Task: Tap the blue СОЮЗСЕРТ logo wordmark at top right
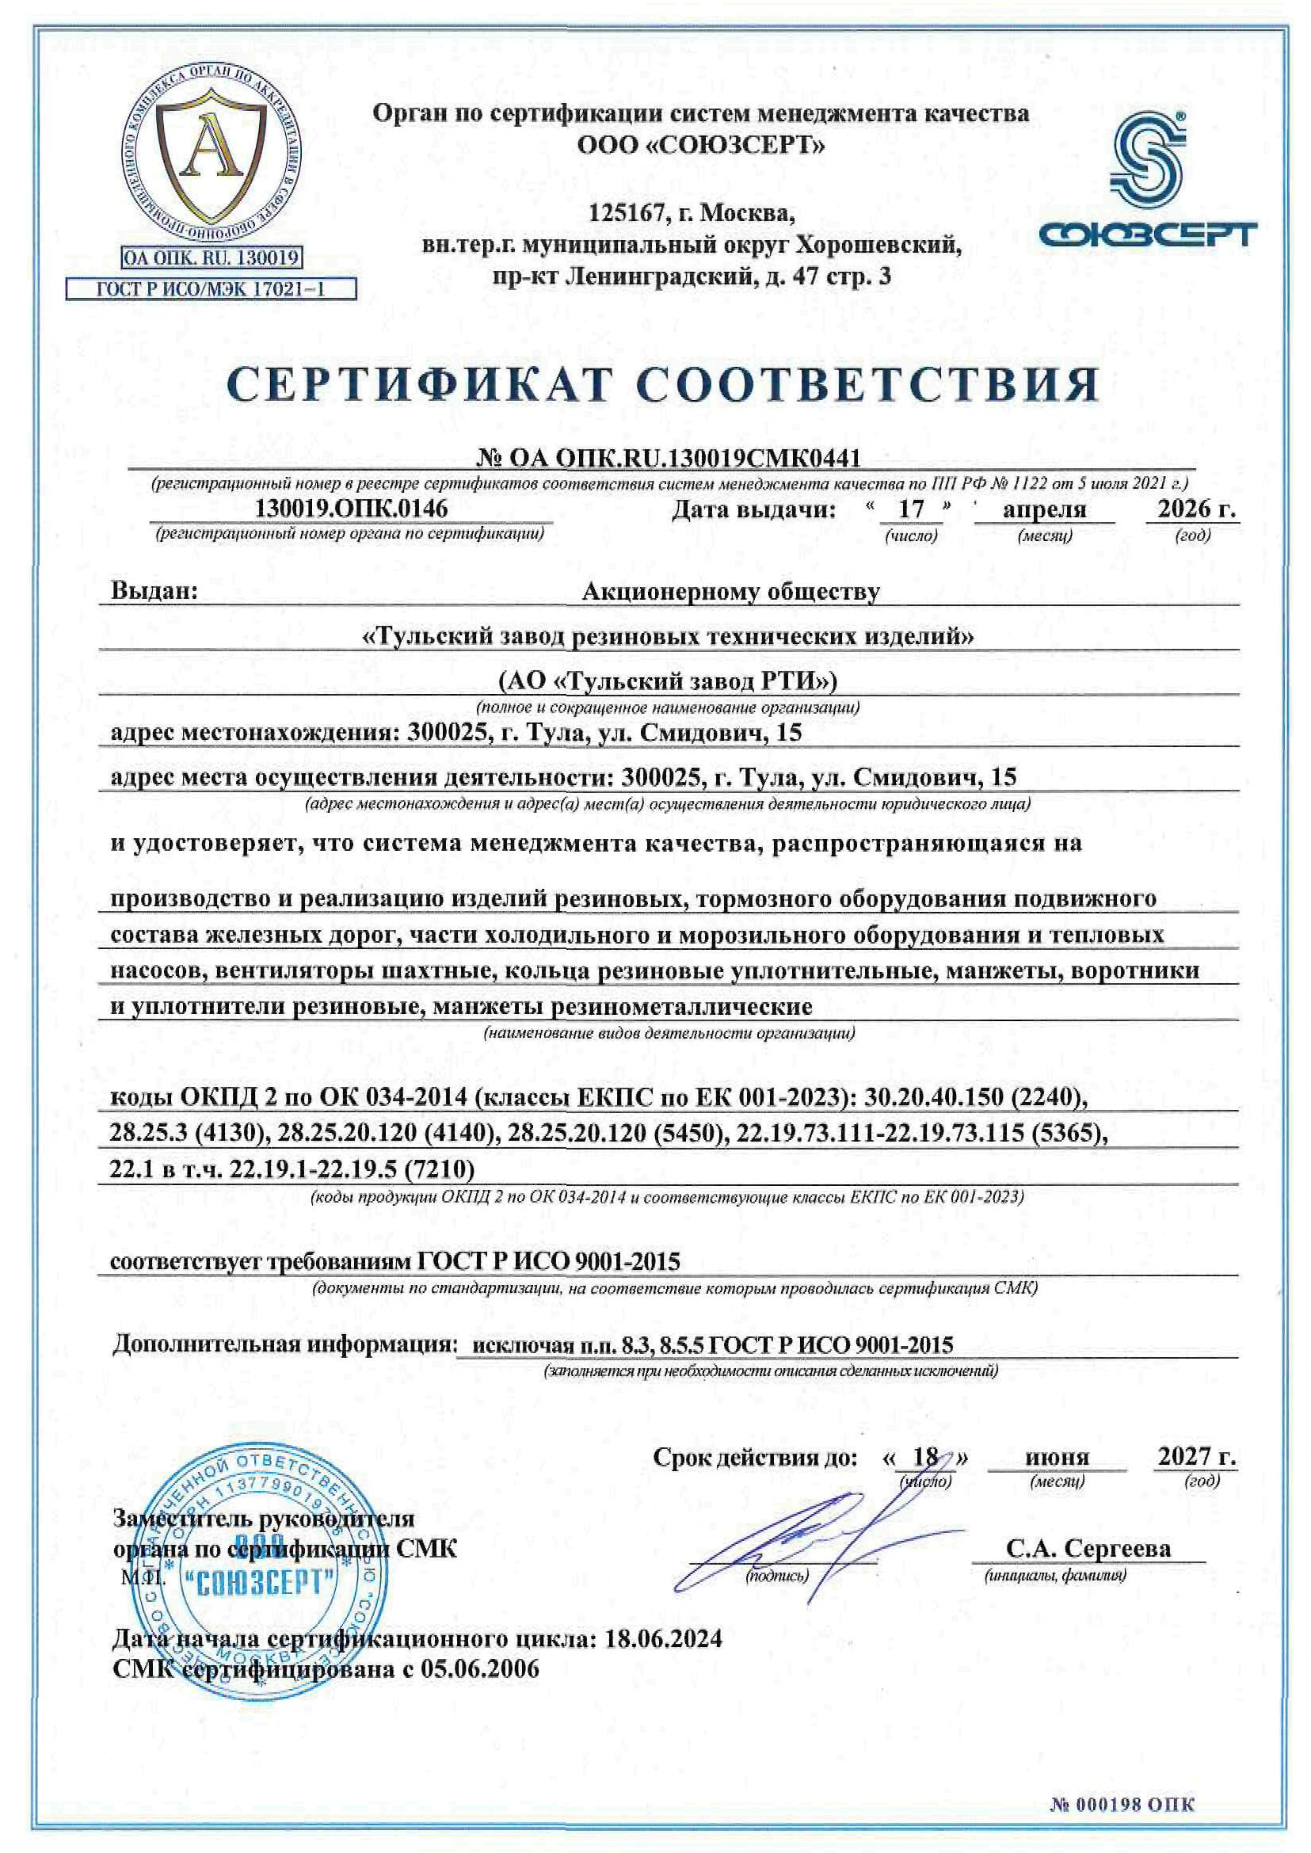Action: tap(1147, 235)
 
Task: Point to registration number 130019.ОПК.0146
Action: tap(351, 509)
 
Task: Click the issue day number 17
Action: tap(911, 509)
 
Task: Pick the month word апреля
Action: tap(1044, 509)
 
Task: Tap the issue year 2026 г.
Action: tap(1195, 509)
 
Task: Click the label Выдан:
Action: tap(154, 591)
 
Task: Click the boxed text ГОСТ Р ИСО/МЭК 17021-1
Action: tap(211, 289)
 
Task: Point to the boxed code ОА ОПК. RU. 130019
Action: tap(211, 258)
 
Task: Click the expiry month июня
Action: tap(1057, 1458)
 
